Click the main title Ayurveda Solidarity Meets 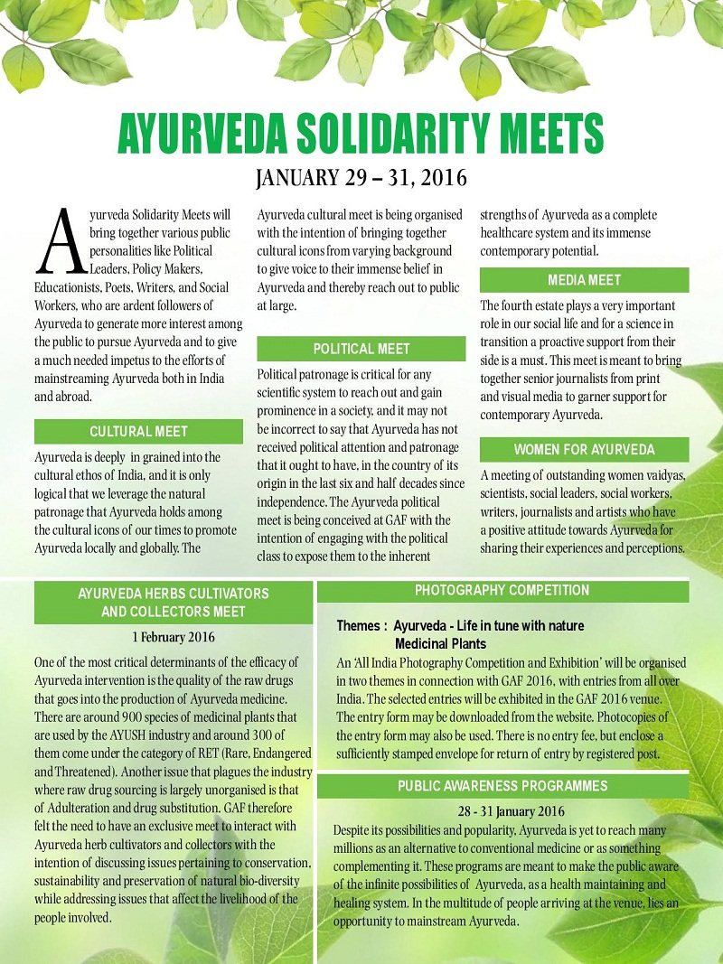pyautogui.click(x=361, y=135)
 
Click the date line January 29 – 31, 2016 pyautogui.click(x=361, y=178)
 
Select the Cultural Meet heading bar pyautogui.click(x=138, y=432)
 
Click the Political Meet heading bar pyautogui.click(x=361, y=349)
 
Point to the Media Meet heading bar pyautogui.click(x=584, y=280)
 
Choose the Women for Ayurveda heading pyautogui.click(x=584, y=450)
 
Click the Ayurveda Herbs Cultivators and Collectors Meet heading pyautogui.click(x=174, y=603)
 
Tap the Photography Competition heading pyautogui.click(x=502, y=591)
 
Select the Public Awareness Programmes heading pyautogui.click(x=502, y=786)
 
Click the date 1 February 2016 pyautogui.click(x=174, y=636)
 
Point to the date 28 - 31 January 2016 pyautogui.click(x=512, y=810)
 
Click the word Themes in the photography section pyautogui.click(x=361, y=625)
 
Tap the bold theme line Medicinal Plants pyautogui.click(x=440, y=644)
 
